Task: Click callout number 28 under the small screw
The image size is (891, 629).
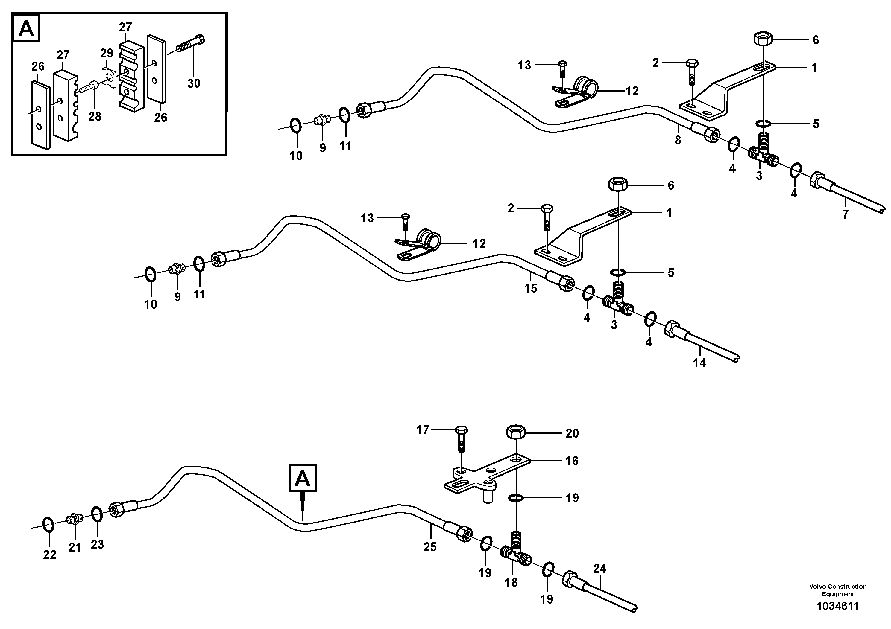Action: point(95,116)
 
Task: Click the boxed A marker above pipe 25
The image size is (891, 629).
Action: point(302,478)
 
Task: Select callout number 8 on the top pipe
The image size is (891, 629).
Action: point(678,140)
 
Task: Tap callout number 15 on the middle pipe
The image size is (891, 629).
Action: point(530,288)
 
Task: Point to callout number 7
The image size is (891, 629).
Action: point(845,214)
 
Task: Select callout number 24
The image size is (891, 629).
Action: point(599,569)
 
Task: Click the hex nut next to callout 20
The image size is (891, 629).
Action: point(516,431)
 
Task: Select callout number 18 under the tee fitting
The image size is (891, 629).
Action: point(511,582)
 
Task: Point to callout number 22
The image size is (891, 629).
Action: point(50,555)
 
